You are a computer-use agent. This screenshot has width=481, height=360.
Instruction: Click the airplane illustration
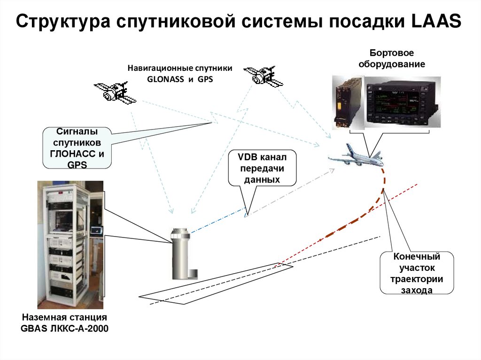click(357, 156)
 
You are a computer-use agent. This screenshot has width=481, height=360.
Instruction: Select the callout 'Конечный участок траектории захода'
click(417, 273)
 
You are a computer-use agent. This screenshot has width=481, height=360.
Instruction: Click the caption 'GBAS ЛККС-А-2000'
click(65, 328)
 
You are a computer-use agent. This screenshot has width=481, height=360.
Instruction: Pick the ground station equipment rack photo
click(70, 244)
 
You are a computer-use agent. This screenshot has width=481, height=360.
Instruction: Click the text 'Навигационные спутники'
click(180, 69)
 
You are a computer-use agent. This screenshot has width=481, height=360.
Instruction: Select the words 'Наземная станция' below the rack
click(65, 317)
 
